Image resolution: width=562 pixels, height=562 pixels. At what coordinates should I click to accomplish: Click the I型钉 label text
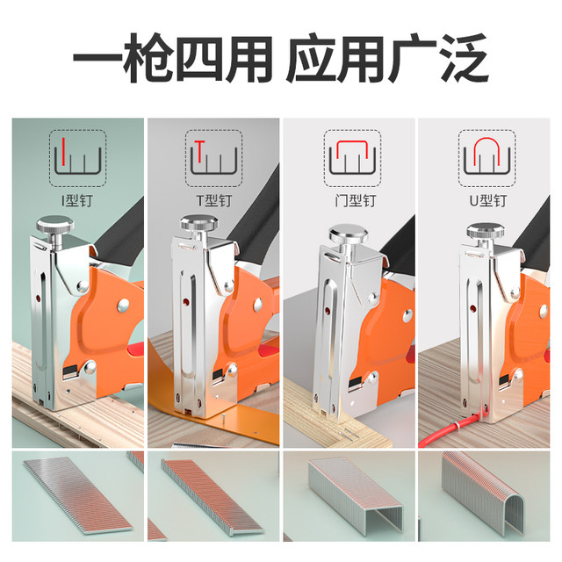point(77,199)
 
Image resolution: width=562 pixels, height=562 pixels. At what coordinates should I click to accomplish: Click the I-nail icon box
point(77,156)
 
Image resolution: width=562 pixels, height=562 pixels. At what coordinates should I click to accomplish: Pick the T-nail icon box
point(213,156)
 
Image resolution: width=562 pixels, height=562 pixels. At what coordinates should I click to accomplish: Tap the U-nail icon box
point(486,156)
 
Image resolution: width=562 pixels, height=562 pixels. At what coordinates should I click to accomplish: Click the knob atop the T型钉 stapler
point(199,230)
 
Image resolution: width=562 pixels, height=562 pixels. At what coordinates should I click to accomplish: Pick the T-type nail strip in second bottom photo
point(211,498)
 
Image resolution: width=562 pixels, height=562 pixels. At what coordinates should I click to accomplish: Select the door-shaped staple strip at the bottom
point(351,498)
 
